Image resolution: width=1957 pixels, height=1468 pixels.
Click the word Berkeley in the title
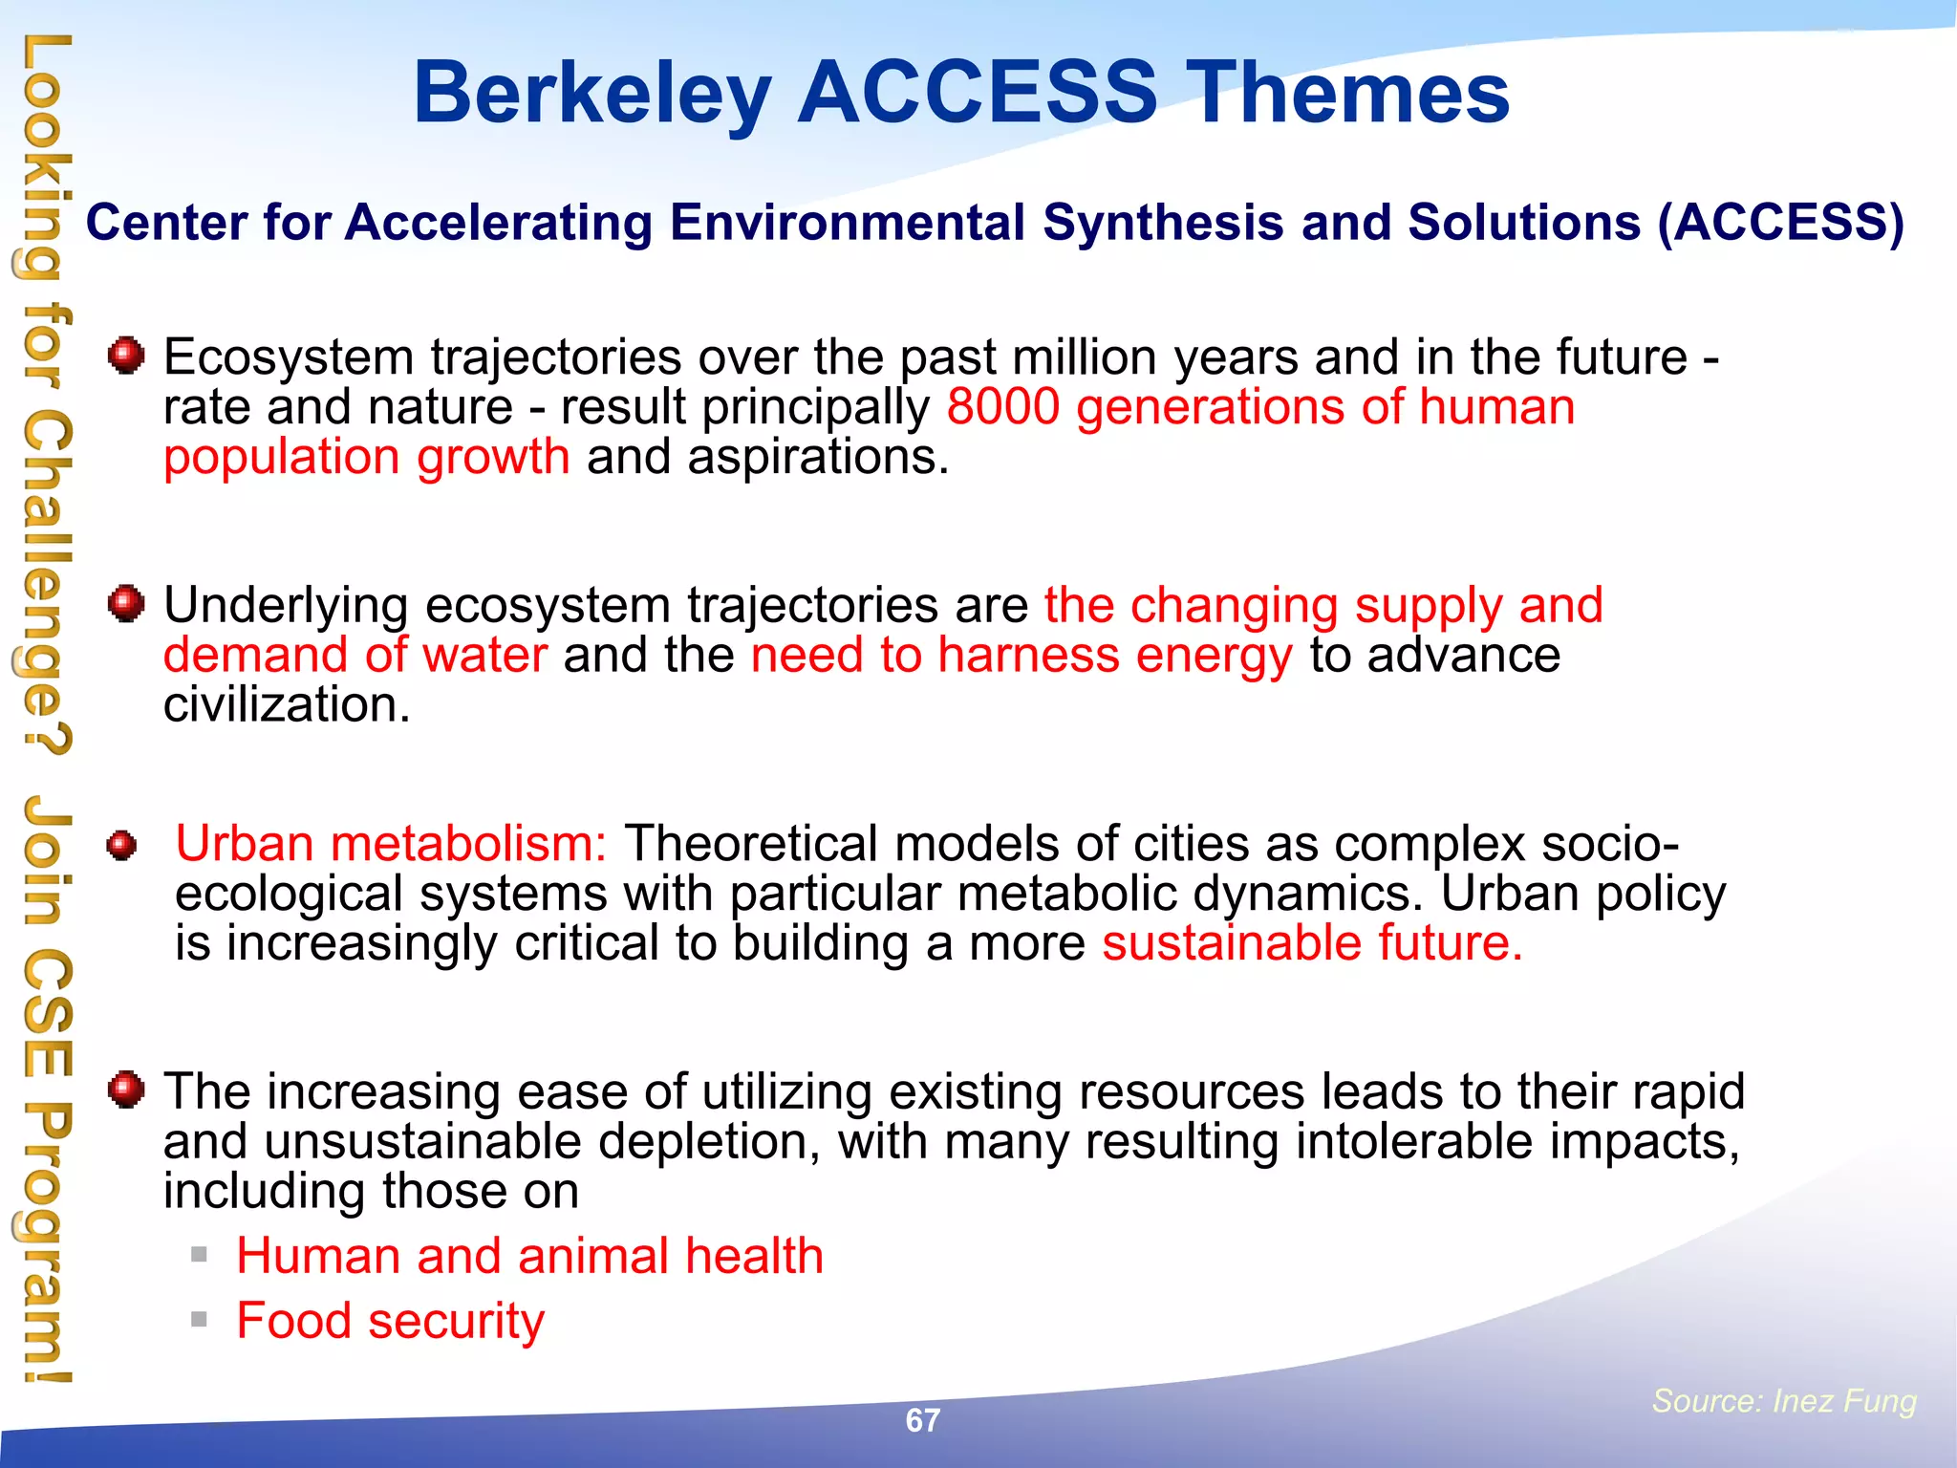pos(591,94)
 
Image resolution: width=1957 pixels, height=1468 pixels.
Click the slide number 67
pos(922,1420)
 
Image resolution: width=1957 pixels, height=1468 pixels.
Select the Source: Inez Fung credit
pos(1784,1400)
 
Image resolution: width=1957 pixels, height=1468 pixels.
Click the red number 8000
pos(1003,407)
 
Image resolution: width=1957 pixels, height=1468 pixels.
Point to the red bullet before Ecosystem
pos(126,356)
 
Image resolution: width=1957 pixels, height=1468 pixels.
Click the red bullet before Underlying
pos(126,604)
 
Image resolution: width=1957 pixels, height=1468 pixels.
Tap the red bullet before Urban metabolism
pos(121,845)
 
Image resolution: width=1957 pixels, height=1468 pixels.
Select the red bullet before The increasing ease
pos(126,1090)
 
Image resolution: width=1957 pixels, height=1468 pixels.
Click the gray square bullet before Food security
pos(199,1320)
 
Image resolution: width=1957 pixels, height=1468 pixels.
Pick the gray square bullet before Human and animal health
pos(199,1254)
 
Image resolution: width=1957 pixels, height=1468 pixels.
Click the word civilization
pos(287,705)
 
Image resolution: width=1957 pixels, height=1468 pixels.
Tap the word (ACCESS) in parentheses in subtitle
pos(1781,223)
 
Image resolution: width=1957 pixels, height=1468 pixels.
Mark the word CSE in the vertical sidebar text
pos(46,1010)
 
